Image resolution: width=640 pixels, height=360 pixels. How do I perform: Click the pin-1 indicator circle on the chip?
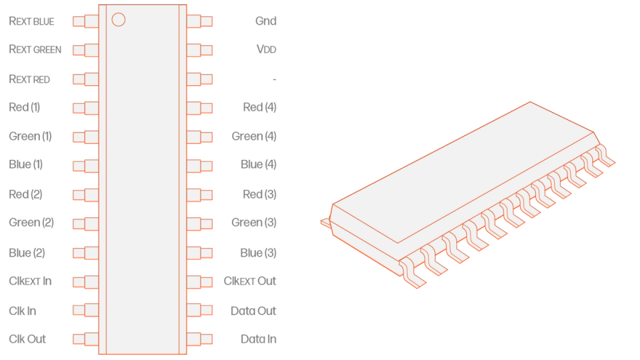pos(118,19)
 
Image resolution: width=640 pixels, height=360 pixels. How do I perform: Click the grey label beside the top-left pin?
pos(30,21)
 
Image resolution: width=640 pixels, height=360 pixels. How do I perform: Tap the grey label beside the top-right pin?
pos(265,21)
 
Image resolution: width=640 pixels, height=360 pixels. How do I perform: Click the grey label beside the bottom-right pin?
pos(257,339)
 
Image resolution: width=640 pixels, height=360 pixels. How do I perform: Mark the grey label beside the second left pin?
pos(34,50)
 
